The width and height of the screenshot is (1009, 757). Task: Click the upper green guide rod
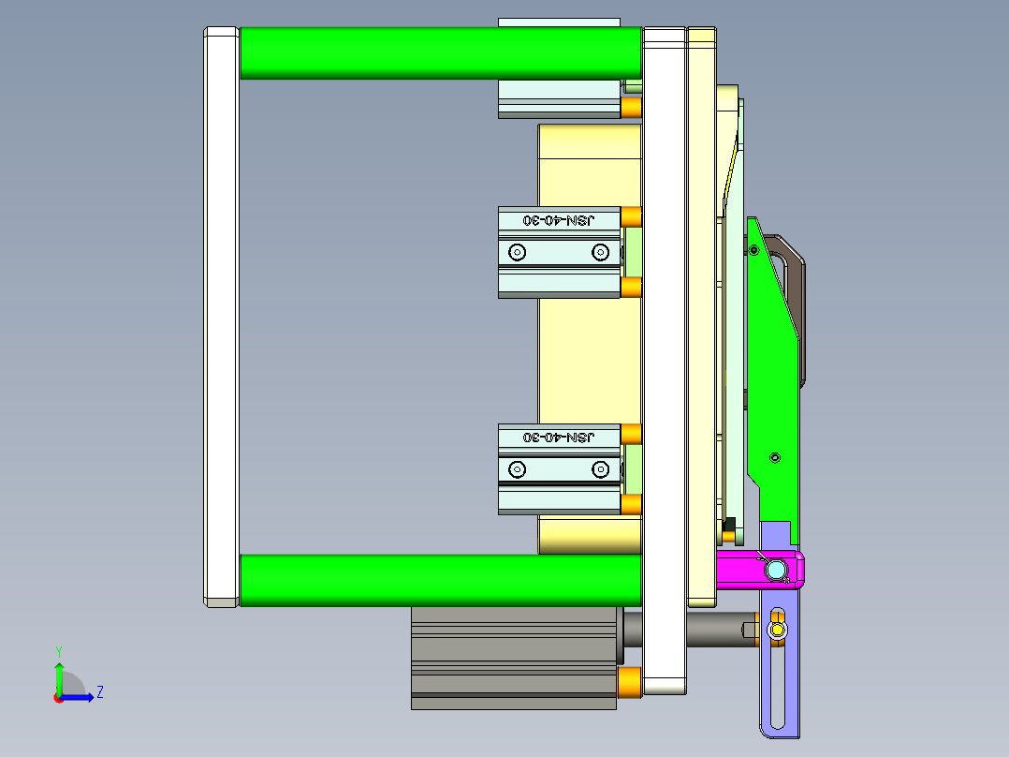pyautogui.click(x=440, y=52)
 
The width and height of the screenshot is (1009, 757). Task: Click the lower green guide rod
pyautogui.click(x=440, y=579)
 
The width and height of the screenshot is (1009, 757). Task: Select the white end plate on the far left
pyautogui.click(x=221, y=317)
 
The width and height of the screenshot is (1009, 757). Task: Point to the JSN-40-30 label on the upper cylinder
pyautogui.click(x=559, y=220)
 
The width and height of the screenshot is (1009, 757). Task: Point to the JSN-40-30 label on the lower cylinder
pyautogui.click(x=559, y=438)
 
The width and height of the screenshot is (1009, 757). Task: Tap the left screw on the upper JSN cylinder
pyautogui.click(x=517, y=251)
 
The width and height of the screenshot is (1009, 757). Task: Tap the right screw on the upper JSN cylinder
pyautogui.click(x=600, y=251)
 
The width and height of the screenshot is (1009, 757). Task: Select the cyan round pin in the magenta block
pyautogui.click(x=775, y=569)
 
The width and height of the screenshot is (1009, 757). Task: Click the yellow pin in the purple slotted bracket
pyautogui.click(x=777, y=630)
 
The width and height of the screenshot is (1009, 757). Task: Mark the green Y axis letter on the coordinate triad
pyautogui.click(x=58, y=650)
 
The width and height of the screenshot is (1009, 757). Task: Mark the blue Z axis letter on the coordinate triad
pyautogui.click(x=99, y=692)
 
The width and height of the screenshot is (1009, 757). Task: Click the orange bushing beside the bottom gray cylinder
pyautogui.click(x=631, y=683)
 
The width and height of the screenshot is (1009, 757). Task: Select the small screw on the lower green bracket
pyautogui.click(x=774, y=457)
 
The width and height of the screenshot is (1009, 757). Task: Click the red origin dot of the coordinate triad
pyautogui.click(x=58, y=697)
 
